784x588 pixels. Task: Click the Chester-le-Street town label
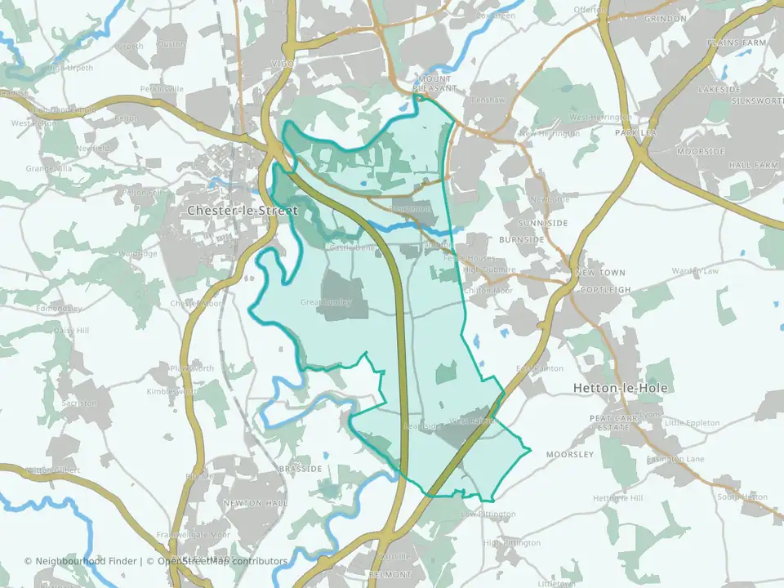tap(243, 211)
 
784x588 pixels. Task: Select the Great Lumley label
tap(326, 302)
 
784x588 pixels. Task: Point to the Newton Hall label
tap(247, 503)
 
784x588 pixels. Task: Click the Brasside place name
tap(300, 469)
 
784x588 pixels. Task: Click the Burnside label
tap(521, 240)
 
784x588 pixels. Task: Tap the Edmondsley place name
tap(60, 309)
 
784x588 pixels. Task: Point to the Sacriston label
tap(79, 403)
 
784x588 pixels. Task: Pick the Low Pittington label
tap(488, 514)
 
